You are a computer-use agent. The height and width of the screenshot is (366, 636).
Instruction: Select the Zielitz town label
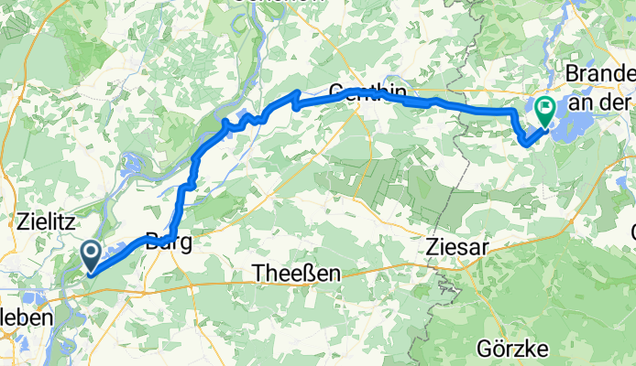46,221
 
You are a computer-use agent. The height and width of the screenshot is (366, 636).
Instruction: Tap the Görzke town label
512,349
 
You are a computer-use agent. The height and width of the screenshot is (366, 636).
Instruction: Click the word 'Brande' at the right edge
600,72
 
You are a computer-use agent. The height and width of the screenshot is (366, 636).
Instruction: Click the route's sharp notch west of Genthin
294,99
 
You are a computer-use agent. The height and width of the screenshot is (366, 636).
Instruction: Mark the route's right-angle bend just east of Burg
174,237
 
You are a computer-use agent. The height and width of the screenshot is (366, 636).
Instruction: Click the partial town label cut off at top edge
266,3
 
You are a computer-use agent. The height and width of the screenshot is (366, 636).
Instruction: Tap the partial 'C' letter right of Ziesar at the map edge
632,229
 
